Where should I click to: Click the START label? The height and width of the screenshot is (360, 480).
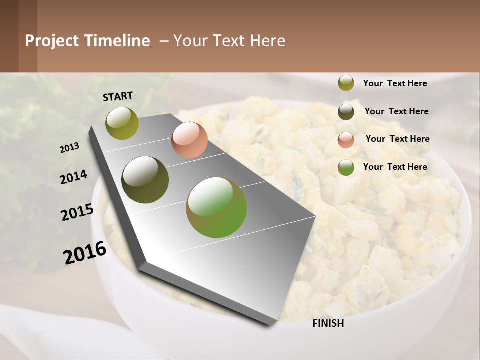point(118,96)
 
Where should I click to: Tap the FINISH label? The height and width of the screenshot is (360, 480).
point(328,323)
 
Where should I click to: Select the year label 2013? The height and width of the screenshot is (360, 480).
point(69,148)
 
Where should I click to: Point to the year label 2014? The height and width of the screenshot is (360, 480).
point(73,177)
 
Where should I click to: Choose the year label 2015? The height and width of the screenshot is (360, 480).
point(77,212)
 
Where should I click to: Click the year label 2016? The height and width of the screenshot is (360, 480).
point(85,252)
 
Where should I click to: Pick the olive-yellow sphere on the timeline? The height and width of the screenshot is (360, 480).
point(122,123)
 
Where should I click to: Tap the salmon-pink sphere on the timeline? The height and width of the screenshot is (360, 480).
point(189,140)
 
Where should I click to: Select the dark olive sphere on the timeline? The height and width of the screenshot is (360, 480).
point(145,180)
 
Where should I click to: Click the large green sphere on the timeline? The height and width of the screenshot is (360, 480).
point(216,207)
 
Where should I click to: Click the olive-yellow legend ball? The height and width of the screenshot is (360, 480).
point(346,83)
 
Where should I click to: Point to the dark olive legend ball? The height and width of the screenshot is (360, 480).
point(346,112)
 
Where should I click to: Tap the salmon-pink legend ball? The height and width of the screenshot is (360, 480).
point(346,140)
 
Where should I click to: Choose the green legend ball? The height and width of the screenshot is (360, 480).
point(346,167)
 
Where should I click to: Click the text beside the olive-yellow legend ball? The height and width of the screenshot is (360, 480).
point(395,83)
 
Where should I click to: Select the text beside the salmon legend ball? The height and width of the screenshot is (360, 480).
point(397,139)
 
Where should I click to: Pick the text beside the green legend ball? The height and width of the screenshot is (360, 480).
point(395,167)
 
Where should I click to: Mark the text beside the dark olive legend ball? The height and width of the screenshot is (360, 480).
point(396,111)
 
